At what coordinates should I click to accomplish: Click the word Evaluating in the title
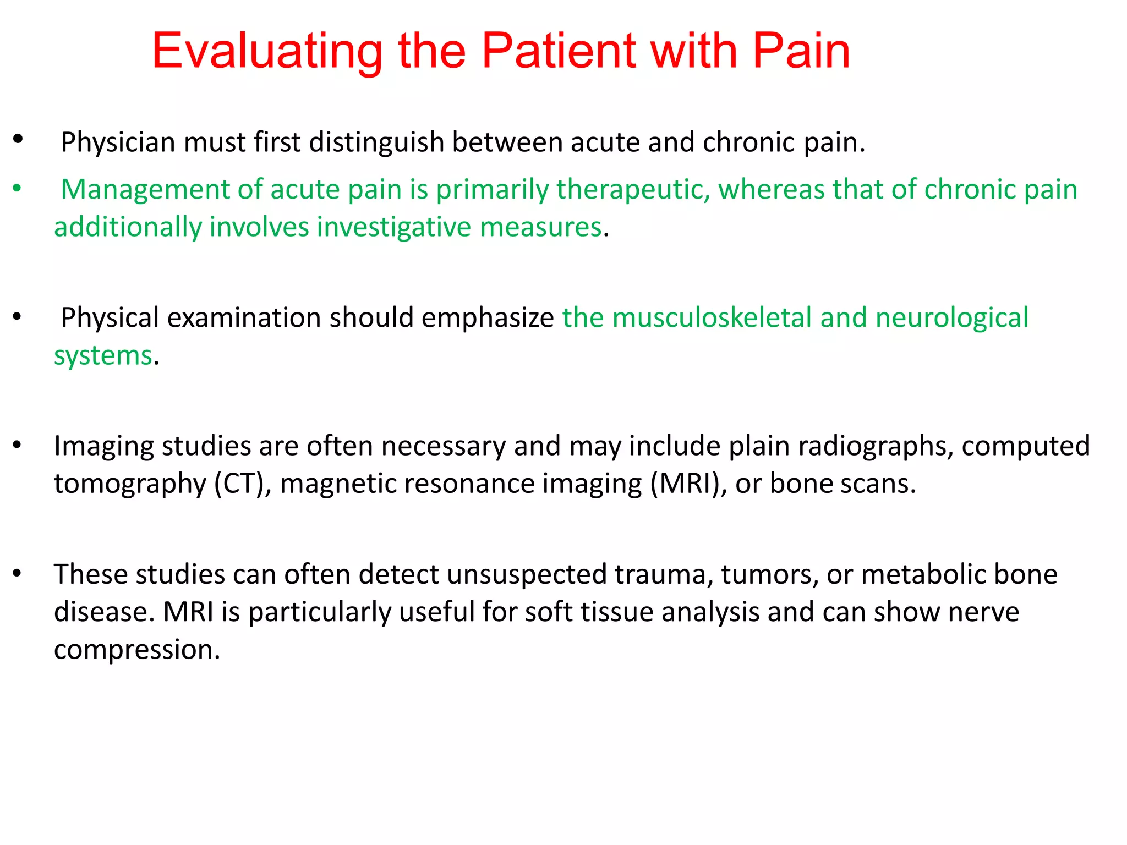point(267,52)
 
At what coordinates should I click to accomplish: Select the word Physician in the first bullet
point(118,142)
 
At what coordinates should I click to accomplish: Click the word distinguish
point(376,142)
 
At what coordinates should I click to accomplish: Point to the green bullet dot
point(17,189)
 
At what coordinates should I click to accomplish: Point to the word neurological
point(952,319)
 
